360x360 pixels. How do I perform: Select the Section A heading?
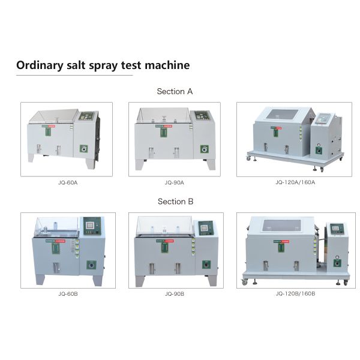[x=175, y=92]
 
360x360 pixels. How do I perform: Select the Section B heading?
[x=175, y=202]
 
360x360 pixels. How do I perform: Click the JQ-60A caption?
[x=67, y=182]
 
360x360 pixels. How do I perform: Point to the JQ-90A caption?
[x=174, y=182]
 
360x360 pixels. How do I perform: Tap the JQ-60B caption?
[x=67, y=293]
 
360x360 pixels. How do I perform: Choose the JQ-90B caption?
[x=174, y=293]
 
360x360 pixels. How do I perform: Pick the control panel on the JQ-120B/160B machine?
[x=337, y=229]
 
